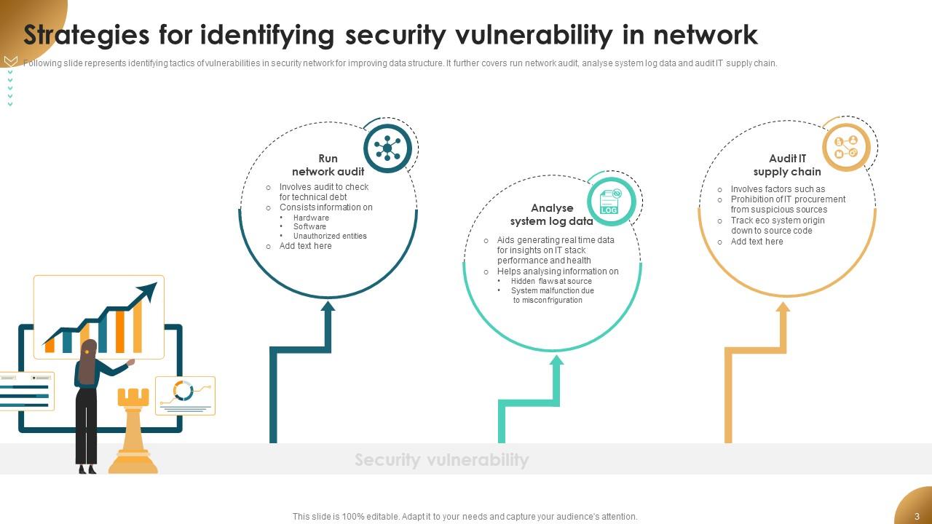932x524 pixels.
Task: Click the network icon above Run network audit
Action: tap(387, 148)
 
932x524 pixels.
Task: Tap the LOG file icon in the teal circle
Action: tap(610, 202)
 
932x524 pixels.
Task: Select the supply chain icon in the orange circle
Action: tap(846, 147)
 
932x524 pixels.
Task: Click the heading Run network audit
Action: tap(328, 165)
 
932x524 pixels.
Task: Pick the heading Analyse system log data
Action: tap(551, 215)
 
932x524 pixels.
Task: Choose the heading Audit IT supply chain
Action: tap(787, 165)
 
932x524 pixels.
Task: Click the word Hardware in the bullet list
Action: tap(311, 218)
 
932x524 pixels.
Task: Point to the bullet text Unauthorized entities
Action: tap(330, 236)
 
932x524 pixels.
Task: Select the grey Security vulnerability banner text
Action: tap(441, 460)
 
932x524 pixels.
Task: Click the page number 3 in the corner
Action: tap(917, 517)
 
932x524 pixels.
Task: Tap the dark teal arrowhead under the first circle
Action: tap(328, 306)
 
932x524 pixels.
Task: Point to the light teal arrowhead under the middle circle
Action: tap(557, 360)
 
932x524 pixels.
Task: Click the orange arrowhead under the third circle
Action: tap(783, 307)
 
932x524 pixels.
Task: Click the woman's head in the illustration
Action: tap(89, 349)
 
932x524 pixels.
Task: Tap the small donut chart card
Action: tap(185, 394)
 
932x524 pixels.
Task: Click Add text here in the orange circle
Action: tap(757, 242)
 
